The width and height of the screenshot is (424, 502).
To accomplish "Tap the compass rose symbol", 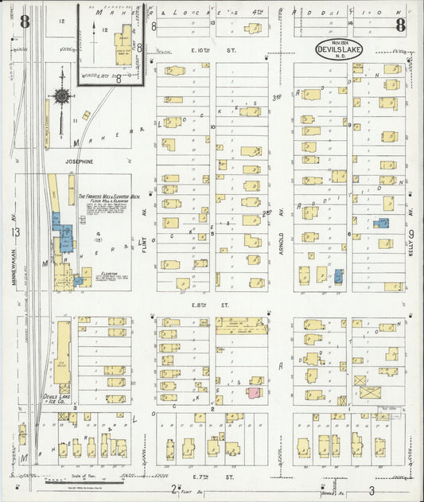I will click(x=60, y=96).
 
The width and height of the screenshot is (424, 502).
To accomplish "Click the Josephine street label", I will click(x=74, y=161).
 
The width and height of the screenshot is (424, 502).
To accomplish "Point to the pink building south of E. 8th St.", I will click(x=254, y=392).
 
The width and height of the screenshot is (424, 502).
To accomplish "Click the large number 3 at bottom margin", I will click(x=371, y=490).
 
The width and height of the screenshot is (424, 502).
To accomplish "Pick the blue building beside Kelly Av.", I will click(x=382, y=224).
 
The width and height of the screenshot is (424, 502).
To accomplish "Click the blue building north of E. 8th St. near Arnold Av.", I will click(x=339, y=276).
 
